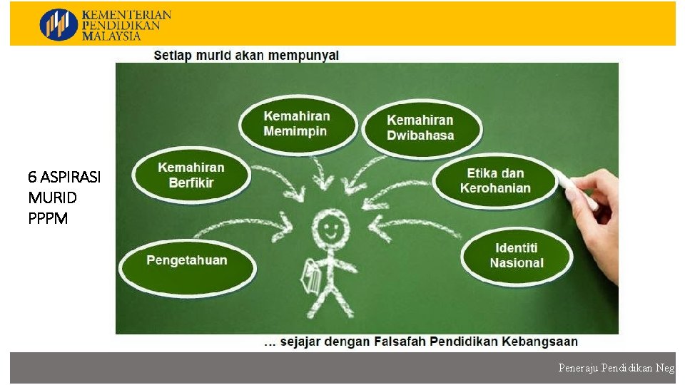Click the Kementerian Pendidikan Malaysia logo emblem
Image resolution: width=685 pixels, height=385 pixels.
point(59,24)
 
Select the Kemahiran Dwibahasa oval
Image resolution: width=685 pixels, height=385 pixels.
point(421,128)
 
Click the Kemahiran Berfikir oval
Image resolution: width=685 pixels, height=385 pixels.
point(191,175)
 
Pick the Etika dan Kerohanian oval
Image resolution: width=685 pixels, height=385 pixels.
point(495,180)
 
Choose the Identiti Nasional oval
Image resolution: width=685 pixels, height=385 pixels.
point(517,255)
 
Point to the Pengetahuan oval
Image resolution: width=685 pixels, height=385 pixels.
point(187,260)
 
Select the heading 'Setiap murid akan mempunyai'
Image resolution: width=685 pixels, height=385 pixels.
point(246,55)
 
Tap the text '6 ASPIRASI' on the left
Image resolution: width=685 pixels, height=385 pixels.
point(64,177)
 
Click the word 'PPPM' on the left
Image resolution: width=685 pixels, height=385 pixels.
point(48,218)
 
